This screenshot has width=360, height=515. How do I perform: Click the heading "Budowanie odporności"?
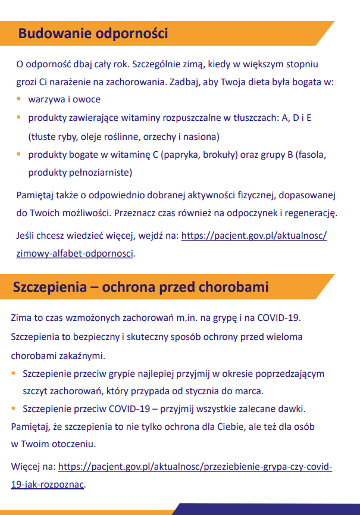point(93,33)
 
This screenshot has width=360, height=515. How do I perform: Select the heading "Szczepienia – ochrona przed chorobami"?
point(140,287)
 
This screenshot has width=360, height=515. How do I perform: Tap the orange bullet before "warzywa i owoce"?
point(19,98)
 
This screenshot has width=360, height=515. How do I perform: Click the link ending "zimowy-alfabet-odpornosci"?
point(76,253)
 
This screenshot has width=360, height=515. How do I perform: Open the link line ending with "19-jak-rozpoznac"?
point(48,484)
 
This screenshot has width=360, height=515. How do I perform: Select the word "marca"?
point(249,392)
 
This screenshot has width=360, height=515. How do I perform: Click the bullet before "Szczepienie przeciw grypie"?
point(14,373)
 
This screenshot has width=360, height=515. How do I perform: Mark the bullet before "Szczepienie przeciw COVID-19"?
point(14,409)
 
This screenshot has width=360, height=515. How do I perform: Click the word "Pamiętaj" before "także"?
point(35,194)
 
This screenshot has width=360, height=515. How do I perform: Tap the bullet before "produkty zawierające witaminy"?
point(19,117)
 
